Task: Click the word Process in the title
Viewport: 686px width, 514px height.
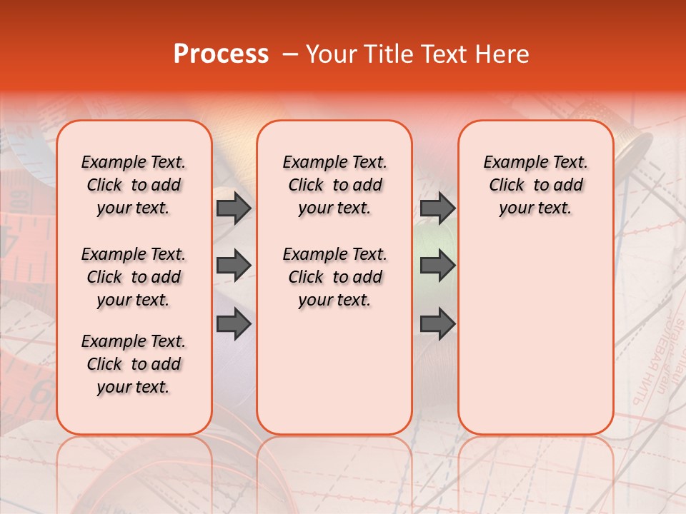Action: [221, 54]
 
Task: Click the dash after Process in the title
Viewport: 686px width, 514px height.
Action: [290, 55]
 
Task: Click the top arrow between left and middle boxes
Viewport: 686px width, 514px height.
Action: [234, 208]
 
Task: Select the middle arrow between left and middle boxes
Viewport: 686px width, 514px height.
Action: [234, 266]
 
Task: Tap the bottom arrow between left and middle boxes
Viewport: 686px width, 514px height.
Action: [234, 324]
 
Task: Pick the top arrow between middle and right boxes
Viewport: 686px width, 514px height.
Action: [437, 208]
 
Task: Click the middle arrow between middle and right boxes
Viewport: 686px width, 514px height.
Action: [437, 266]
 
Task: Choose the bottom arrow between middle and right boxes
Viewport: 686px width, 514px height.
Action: [437, 324]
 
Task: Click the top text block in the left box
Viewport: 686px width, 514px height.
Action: [134, 185]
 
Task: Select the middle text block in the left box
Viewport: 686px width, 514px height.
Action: [134, 277]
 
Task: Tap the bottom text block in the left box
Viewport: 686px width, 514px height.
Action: [134, 364]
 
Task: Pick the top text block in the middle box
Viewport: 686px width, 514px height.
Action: [334, 185]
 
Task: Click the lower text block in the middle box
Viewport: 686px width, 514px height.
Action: [334, 277]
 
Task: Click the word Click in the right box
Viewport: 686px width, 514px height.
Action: [507, 186]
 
